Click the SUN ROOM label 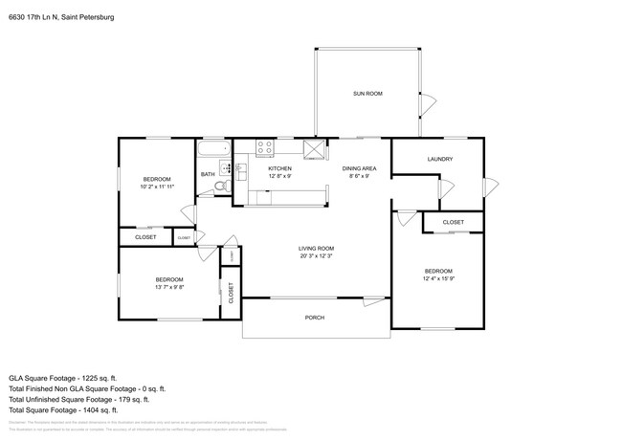367,93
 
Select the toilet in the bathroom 219,186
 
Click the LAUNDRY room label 440,159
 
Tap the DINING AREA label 359,168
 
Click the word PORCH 315,318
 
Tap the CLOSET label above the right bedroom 454,222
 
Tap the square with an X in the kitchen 312,147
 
